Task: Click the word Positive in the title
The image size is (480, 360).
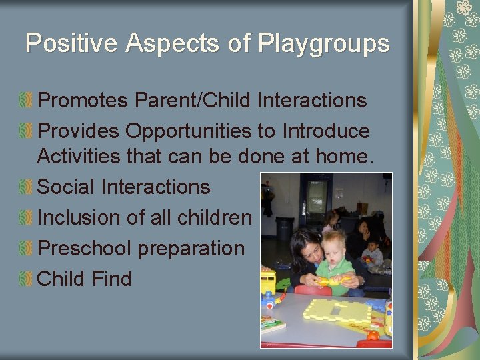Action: (x=64, y=44)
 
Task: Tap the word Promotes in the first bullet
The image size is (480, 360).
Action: (x=83, y=100)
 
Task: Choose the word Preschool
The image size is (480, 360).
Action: (x=85, y=248)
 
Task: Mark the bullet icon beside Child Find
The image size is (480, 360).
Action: (x=26, y=279)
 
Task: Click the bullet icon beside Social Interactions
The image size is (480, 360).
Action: (x=26, y=187)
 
